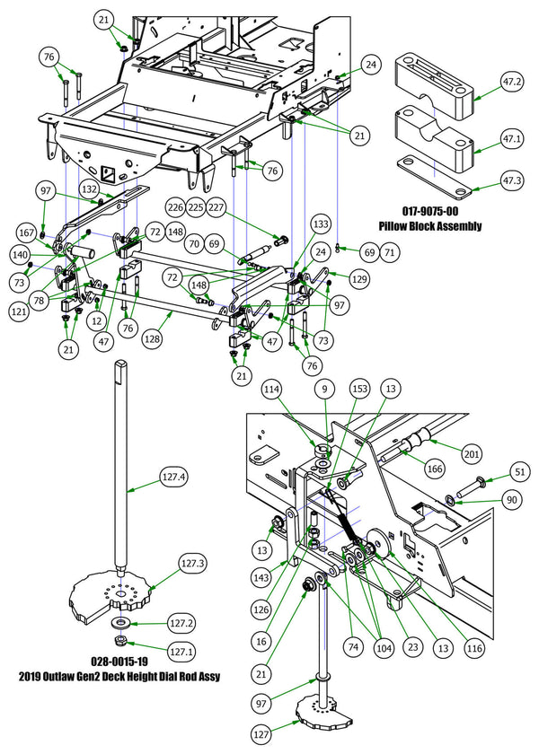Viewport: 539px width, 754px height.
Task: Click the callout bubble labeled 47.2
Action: point(513,81)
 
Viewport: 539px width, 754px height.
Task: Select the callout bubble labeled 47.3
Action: point(513,188)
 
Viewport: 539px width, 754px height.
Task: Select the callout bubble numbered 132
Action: point(114,190)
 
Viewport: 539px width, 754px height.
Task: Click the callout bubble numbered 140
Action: point(44,256)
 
